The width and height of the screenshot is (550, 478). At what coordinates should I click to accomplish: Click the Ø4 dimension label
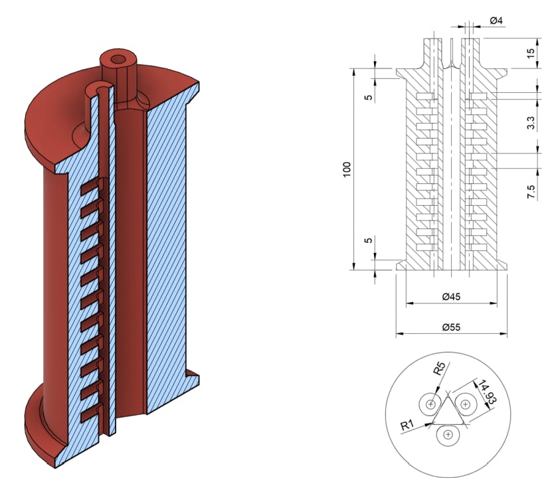[x=496, y=21]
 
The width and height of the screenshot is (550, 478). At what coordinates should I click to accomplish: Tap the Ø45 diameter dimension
[x=451, y=297]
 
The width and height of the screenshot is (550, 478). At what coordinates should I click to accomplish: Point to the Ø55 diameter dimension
[x=451, y=327]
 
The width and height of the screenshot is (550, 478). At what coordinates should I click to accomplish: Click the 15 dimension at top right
[x=530, y=53]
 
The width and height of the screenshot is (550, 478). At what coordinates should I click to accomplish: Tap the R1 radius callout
[x=409, y=426]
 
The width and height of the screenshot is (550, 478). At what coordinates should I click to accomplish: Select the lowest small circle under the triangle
[x=449, y=435]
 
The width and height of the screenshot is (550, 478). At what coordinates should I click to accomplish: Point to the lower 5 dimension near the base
[x=367, y=239]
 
